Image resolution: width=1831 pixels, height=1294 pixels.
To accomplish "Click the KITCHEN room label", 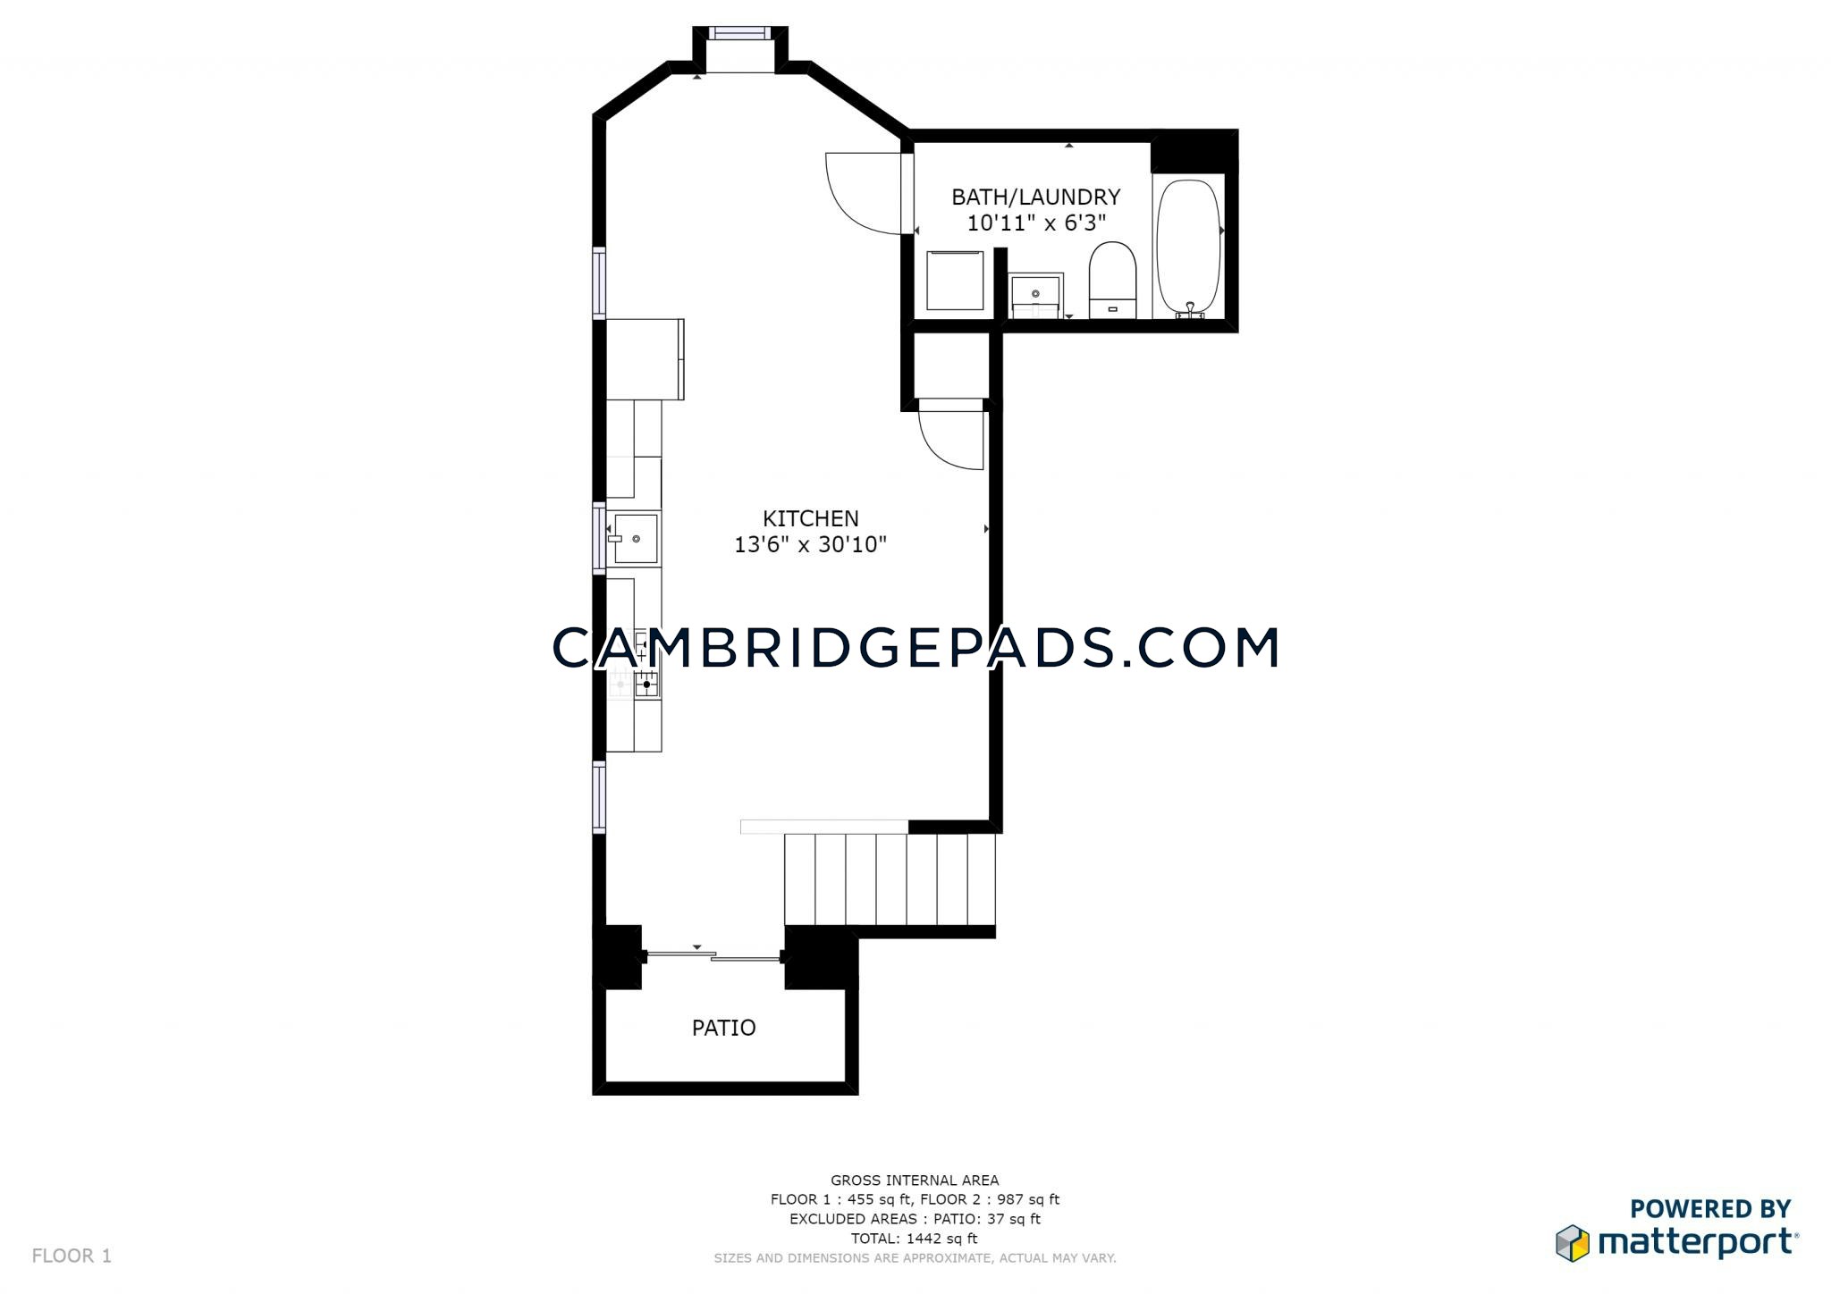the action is pos(810,518).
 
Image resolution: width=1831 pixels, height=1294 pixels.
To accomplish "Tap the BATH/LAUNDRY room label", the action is pos(1035,197).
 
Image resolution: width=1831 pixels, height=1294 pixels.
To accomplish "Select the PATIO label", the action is pos(724,1028).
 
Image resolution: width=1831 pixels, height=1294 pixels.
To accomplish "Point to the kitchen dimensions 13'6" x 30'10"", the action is pos(810,544).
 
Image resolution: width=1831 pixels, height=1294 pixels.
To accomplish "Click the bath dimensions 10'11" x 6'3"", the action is pos(1036,223).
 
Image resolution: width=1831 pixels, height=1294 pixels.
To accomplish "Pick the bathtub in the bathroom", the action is pos(1188,248).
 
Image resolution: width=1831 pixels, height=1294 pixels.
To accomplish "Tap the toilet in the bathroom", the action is pos(1112,280).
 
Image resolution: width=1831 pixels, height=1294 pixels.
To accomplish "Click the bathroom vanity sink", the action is pos(1036,296).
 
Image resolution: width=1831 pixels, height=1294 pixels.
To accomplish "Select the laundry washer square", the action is pos(955,281).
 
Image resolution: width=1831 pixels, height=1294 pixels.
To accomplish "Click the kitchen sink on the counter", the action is pos(636,539).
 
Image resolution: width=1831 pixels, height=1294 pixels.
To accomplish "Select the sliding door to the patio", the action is pos(713,957).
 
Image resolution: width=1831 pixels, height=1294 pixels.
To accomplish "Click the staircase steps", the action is pos(890,879).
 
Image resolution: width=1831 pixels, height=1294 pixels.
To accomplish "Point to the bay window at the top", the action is pos(739,33).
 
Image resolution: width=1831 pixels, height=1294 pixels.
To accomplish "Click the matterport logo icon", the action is pos(1573,1243).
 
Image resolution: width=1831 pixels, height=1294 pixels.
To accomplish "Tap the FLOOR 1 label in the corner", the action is pos(72,1256).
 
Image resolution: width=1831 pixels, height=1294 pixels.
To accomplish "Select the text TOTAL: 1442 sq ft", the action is pos(915,1239).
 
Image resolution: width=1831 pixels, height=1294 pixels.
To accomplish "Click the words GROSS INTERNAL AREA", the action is pos(915,1181).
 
